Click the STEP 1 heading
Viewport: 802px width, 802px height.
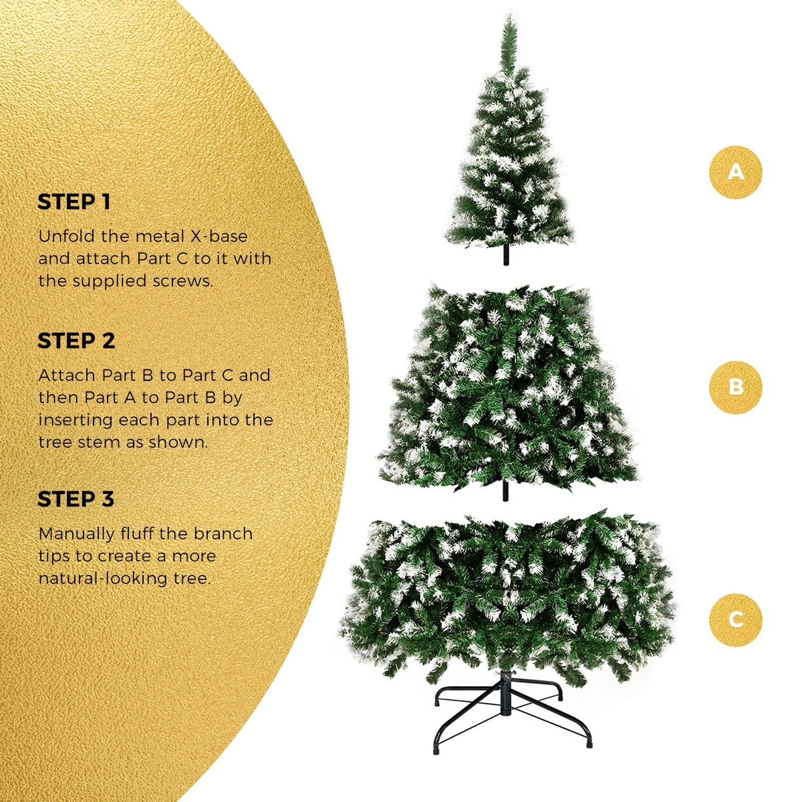pyautogui.click(x=74, y=202)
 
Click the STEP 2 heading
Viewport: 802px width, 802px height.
pyautogui.click(x=76, y=341)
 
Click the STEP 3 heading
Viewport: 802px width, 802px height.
pyautogui.click(x=76, y=499)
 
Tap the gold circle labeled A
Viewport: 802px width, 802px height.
pyautogui.click(x=735, y=172)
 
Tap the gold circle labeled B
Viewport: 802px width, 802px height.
pyautogui.click(x=735, y=387)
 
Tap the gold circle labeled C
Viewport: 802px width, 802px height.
pyautogui.click(x=735, y=620)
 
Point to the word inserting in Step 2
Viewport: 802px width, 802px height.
pyautogui.click(x=76, y=420)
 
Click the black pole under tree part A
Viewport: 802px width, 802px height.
pyautogui.click(x=506, y=256)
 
